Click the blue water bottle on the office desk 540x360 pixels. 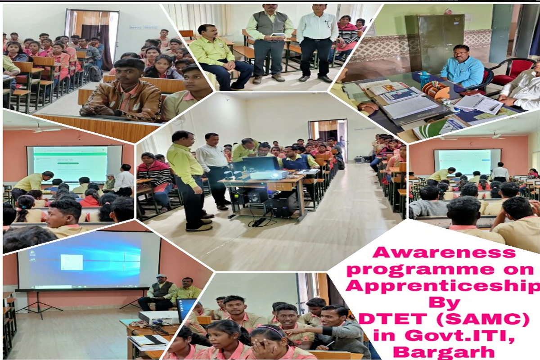[424, 81]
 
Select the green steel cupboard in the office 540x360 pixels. [434, 43]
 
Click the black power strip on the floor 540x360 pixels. [258, 222]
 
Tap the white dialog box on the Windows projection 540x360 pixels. [72, 262]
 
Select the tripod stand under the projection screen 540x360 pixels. [39, 304]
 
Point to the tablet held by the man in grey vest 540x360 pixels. [277, 35]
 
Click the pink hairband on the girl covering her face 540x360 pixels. [270, 329]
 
